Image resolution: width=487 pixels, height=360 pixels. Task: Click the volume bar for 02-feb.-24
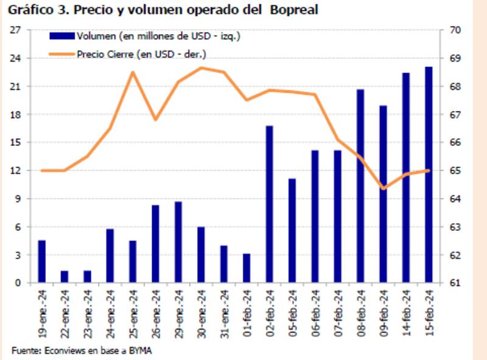269,204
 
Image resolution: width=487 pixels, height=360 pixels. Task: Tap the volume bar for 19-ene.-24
42,261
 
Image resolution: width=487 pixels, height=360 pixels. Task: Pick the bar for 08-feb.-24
360,186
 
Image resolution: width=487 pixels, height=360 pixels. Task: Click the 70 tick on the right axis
454,30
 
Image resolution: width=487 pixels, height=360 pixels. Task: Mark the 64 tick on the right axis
454,199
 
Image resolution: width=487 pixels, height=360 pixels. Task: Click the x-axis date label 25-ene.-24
133,311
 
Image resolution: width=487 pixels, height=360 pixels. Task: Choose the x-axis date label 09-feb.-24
383,311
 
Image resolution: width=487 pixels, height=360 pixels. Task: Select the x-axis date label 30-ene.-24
201,311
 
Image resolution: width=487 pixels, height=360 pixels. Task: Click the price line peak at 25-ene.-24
133,72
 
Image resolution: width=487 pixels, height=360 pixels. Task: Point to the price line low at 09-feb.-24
383,188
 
